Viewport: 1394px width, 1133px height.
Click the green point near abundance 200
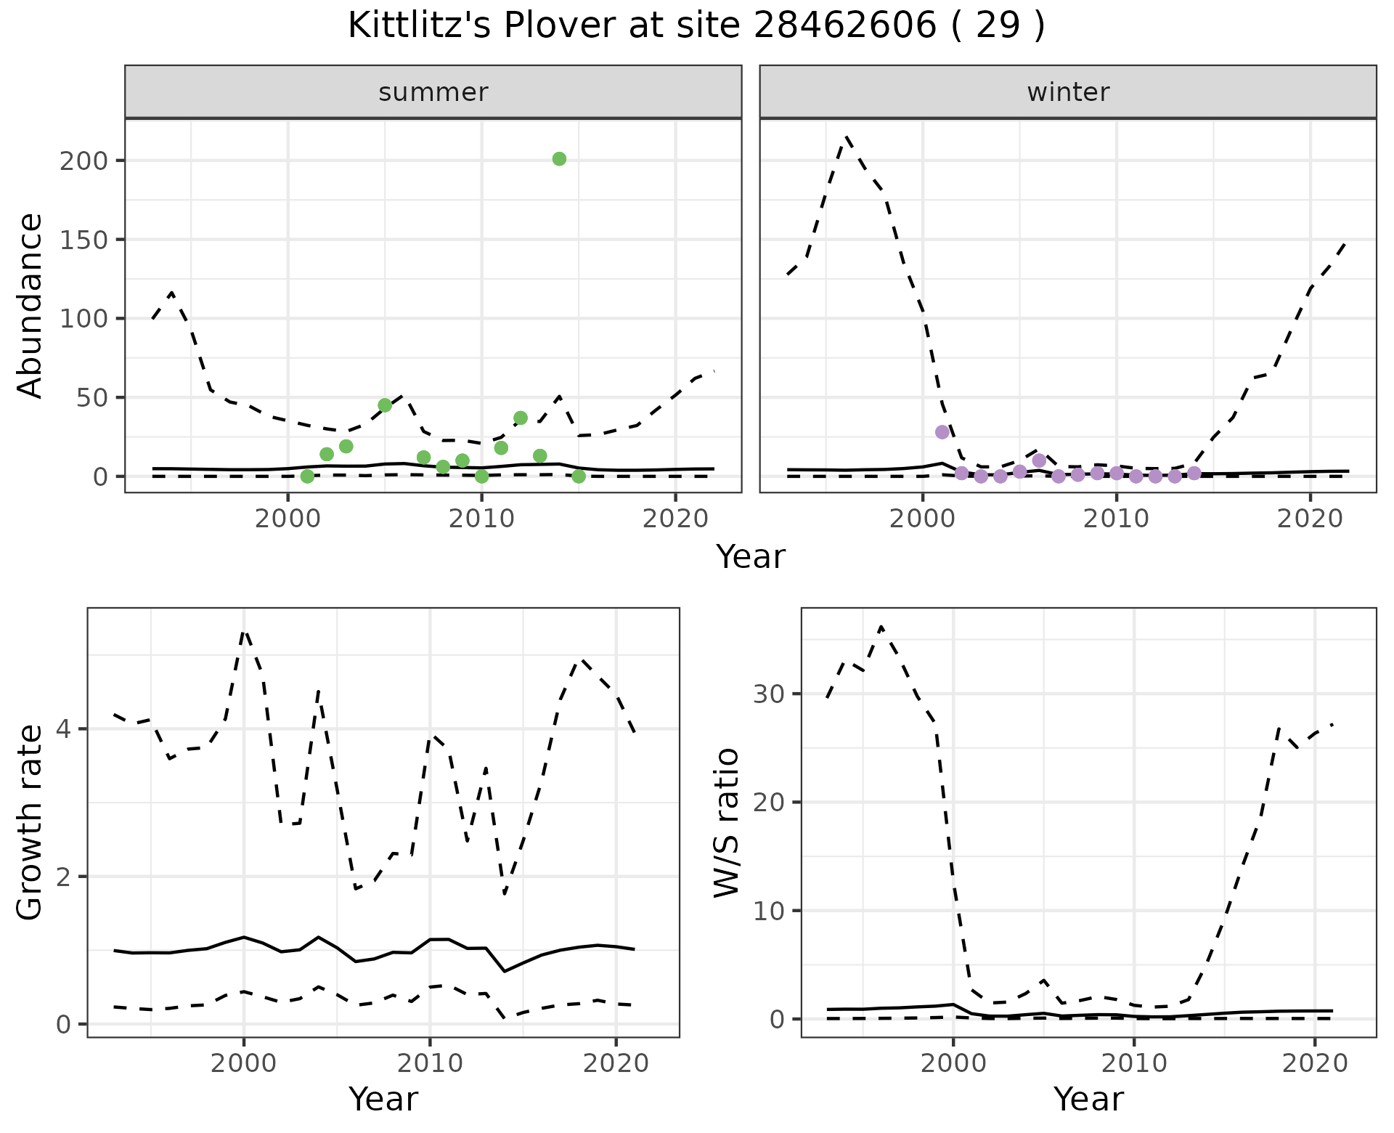(x=559, y=159)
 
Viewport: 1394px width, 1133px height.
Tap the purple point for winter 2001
(x=942, y=432)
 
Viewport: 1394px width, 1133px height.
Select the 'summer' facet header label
(x=433, y=92)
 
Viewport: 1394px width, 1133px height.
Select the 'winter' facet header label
(x=1068, y=92)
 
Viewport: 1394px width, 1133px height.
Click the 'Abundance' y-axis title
(x=30, y=305)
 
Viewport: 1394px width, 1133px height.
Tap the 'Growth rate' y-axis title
(x=30, y=822)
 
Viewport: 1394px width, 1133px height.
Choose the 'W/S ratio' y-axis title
(x=727, y=822)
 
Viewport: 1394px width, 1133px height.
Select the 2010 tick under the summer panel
(x=481, y=519)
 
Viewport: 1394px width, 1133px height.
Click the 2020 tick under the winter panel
(x=1310, y=519)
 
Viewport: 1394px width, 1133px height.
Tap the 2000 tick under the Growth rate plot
(x=244, y=1064)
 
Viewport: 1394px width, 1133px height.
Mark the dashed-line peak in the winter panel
(x=847, y=136)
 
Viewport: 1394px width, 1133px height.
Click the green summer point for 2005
(x=385, y=405)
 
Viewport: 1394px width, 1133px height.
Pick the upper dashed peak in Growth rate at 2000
(x=244, y=631)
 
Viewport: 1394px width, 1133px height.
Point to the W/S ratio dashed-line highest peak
(x=881, y=626)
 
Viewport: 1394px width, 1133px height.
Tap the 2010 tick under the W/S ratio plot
(x=1134, y=1064)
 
